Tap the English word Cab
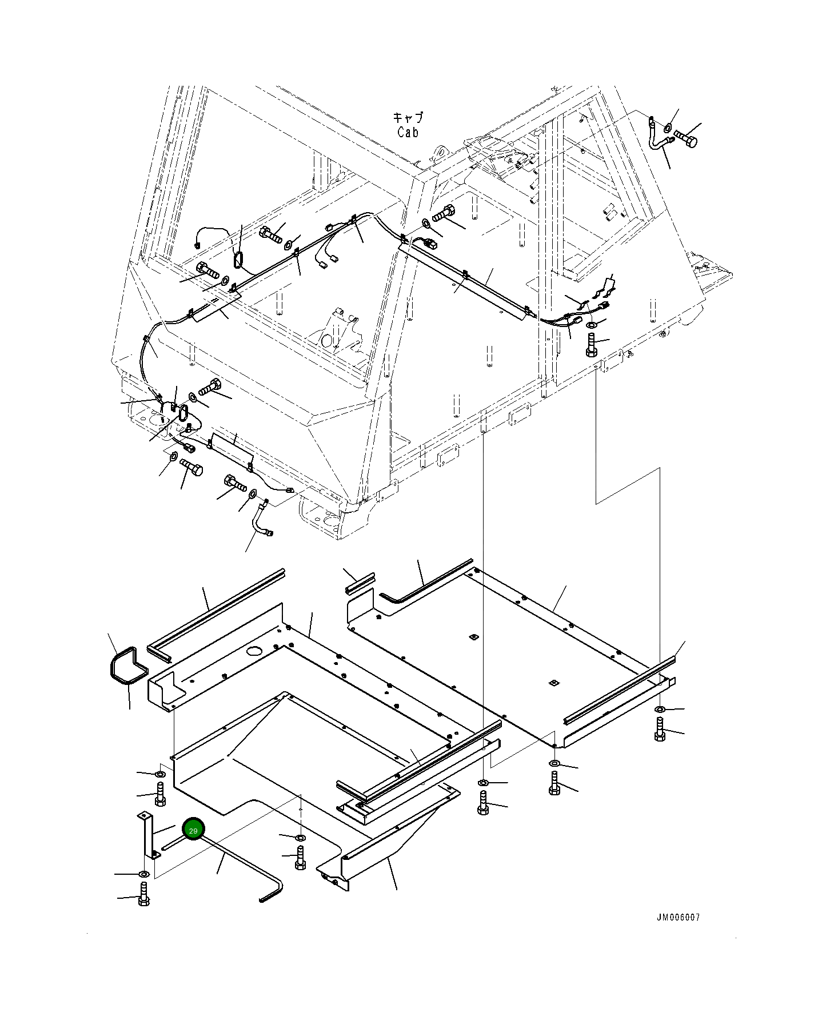point(408,132)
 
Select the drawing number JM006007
point(677,918)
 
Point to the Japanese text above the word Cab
point(408,118)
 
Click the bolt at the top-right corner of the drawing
point(686,138)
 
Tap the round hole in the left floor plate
point(253,651)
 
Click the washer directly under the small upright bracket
point(143,874)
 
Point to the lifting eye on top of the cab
point(439,154)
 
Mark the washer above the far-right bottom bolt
point(660,710)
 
